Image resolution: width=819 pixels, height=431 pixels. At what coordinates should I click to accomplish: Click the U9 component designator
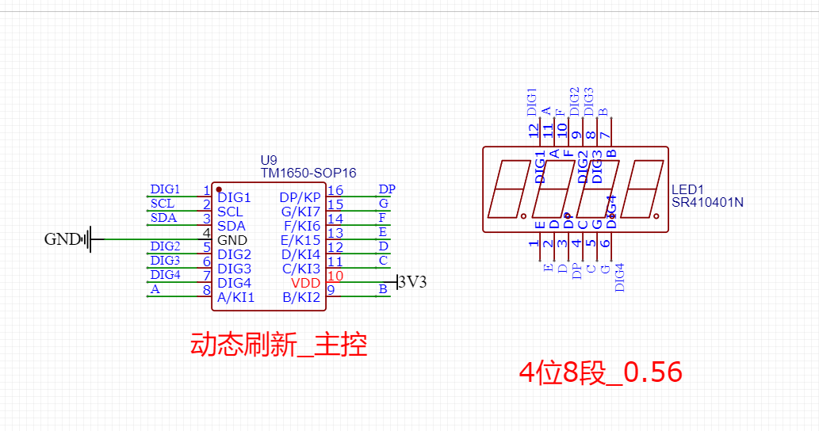269,160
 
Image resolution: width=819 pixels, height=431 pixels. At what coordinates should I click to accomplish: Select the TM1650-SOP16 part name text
308,173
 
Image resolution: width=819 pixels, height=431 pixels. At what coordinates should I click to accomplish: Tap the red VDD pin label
305,283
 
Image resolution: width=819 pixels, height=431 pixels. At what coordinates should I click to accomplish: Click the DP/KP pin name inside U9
300,197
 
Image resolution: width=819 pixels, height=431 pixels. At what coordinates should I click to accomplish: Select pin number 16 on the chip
335,190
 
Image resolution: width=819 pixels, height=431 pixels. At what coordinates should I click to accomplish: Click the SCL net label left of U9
163,204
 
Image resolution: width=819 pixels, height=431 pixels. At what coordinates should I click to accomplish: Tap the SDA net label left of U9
163,218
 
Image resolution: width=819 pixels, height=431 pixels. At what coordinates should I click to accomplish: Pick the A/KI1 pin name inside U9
236,298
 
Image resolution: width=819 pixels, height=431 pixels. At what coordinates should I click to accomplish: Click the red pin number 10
335,276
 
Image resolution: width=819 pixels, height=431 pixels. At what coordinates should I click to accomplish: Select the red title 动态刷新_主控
278,345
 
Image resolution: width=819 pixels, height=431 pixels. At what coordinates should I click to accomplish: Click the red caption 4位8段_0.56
600,372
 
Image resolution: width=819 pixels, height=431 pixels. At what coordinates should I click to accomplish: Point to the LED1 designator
687,189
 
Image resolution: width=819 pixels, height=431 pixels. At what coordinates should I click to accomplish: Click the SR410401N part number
708,203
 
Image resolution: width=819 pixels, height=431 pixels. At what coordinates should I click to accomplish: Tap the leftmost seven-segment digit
511,190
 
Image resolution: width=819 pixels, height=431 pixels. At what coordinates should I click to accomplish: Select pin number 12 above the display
534,129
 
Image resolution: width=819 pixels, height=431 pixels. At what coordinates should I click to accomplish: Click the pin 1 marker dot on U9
219,189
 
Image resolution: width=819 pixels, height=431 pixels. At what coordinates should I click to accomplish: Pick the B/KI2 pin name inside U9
301,298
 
